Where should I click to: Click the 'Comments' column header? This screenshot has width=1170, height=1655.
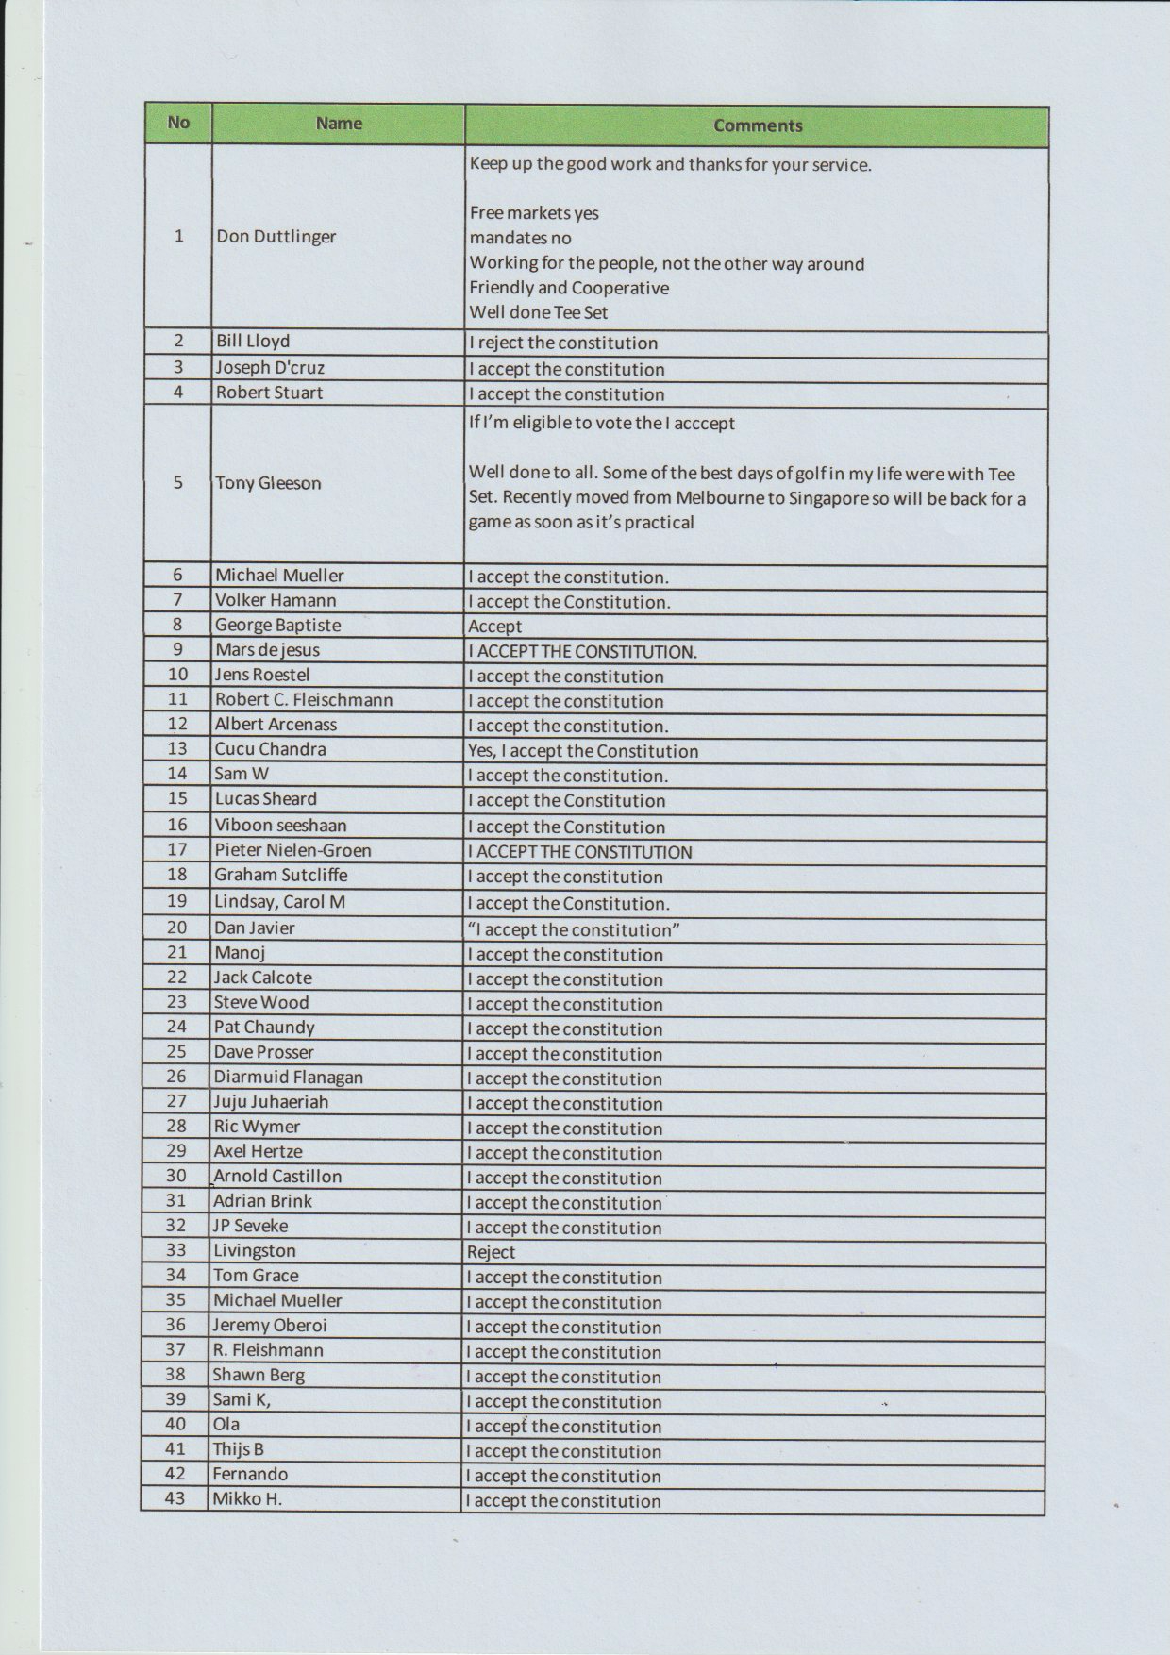point(757,125)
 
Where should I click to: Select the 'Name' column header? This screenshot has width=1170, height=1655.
point(339,124)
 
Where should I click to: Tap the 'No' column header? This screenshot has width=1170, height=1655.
point(178,123)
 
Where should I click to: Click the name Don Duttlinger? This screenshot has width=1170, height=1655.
point(276,236)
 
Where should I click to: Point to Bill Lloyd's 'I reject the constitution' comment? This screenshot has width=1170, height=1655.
point(563,343)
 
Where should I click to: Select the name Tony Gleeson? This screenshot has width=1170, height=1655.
point(268,483)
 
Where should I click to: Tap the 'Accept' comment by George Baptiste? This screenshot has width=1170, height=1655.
point(494,627)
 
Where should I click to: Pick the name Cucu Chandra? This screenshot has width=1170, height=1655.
point(270,749)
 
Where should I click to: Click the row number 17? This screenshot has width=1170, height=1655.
point(177,850)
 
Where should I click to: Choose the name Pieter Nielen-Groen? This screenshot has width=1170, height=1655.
point(292,850)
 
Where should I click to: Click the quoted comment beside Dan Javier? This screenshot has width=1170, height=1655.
point(574,929)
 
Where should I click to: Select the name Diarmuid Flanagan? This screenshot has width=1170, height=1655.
point(288,1077)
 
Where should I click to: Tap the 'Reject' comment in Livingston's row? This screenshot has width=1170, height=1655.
point(491,1252)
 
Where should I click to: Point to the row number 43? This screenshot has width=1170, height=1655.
point(175,1498)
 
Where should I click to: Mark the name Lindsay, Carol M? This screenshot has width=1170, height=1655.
point(279,902)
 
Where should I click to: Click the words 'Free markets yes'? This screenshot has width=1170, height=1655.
point(534,213)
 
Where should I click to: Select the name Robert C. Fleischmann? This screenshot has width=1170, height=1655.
point(303,700)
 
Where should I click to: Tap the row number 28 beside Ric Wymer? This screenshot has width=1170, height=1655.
point(176,1127)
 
